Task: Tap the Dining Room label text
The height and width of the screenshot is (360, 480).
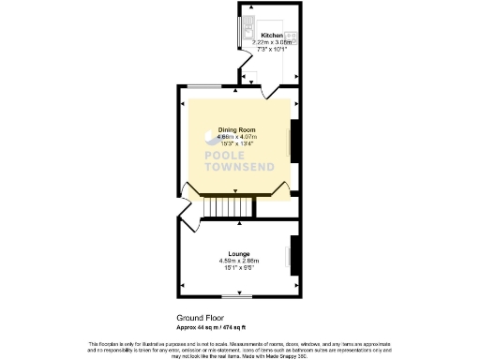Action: (238, 130)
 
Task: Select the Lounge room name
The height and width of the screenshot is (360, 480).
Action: (238, 252)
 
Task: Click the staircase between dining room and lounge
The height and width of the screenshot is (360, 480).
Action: (228, 205)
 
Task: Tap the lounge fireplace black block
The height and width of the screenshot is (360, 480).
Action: (294, 250)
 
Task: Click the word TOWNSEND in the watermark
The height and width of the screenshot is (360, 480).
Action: (237, 170)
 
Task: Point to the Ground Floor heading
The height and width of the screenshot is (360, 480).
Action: (198, 319)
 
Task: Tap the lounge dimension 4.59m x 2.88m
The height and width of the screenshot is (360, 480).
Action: (238, 260)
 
